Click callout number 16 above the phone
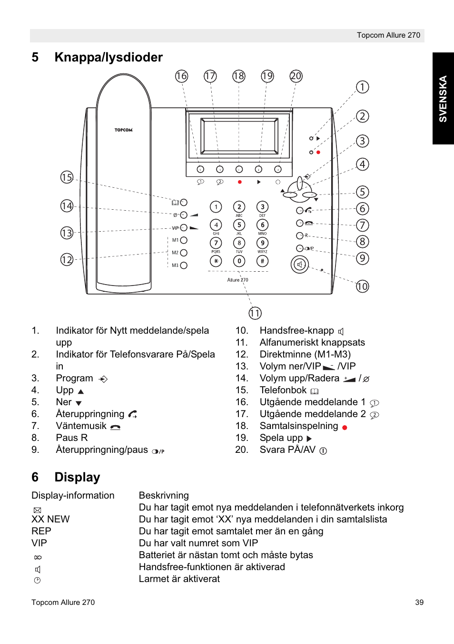[181, 76]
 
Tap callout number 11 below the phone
[255, 313]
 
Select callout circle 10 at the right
[363, 286]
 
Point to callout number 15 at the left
[67, 177]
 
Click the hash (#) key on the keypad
[262, 261]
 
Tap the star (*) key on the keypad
[216, 261]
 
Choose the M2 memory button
[184, 253]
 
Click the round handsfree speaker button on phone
[300, 264]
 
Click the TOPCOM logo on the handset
[123, 130]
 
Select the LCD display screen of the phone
[239, 136]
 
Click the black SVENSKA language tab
[443, 99]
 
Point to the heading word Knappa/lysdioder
[109, 57]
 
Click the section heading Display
[77, 477]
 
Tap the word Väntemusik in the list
[81, 426]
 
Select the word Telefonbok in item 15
[283, 390]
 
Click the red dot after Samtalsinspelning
[345, 428]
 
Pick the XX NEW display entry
[50, 519]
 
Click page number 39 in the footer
[419, 602]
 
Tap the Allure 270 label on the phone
[237, 280]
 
